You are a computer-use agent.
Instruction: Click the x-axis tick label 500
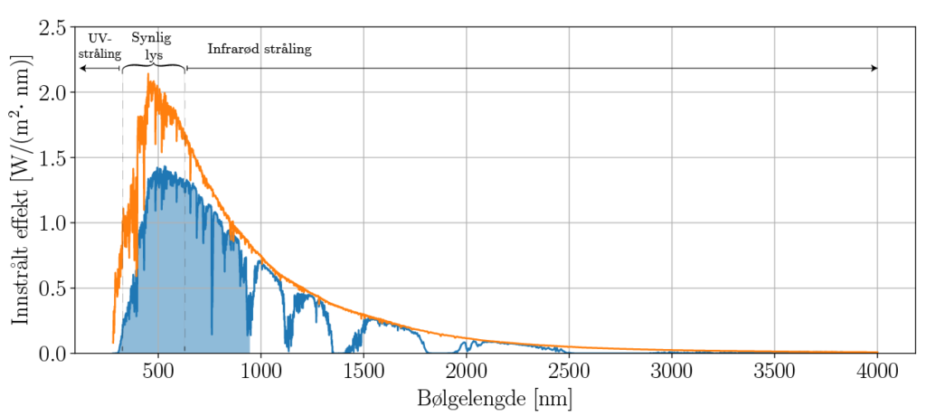(x=158, y=370)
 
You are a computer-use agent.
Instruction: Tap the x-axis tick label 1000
(x=260, y=370)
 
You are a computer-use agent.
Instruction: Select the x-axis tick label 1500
(x=364, y=370)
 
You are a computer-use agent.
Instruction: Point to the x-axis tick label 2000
(x=467, y=370)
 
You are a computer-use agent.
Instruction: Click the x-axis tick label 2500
(x=569, y=370)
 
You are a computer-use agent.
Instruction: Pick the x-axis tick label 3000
(x=672, y=370)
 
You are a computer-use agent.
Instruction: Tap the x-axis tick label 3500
(x=774, y=370)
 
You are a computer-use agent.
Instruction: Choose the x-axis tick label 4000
(x=877, y=370)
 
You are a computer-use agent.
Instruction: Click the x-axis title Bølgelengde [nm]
(x=496, y=398)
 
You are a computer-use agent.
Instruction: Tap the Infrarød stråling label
(x=260, y=50)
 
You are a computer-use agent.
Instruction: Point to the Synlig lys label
(x=152, y=46)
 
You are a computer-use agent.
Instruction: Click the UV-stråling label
(x=100, y=46)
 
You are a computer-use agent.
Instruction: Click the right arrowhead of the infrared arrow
(x=874, y=69)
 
